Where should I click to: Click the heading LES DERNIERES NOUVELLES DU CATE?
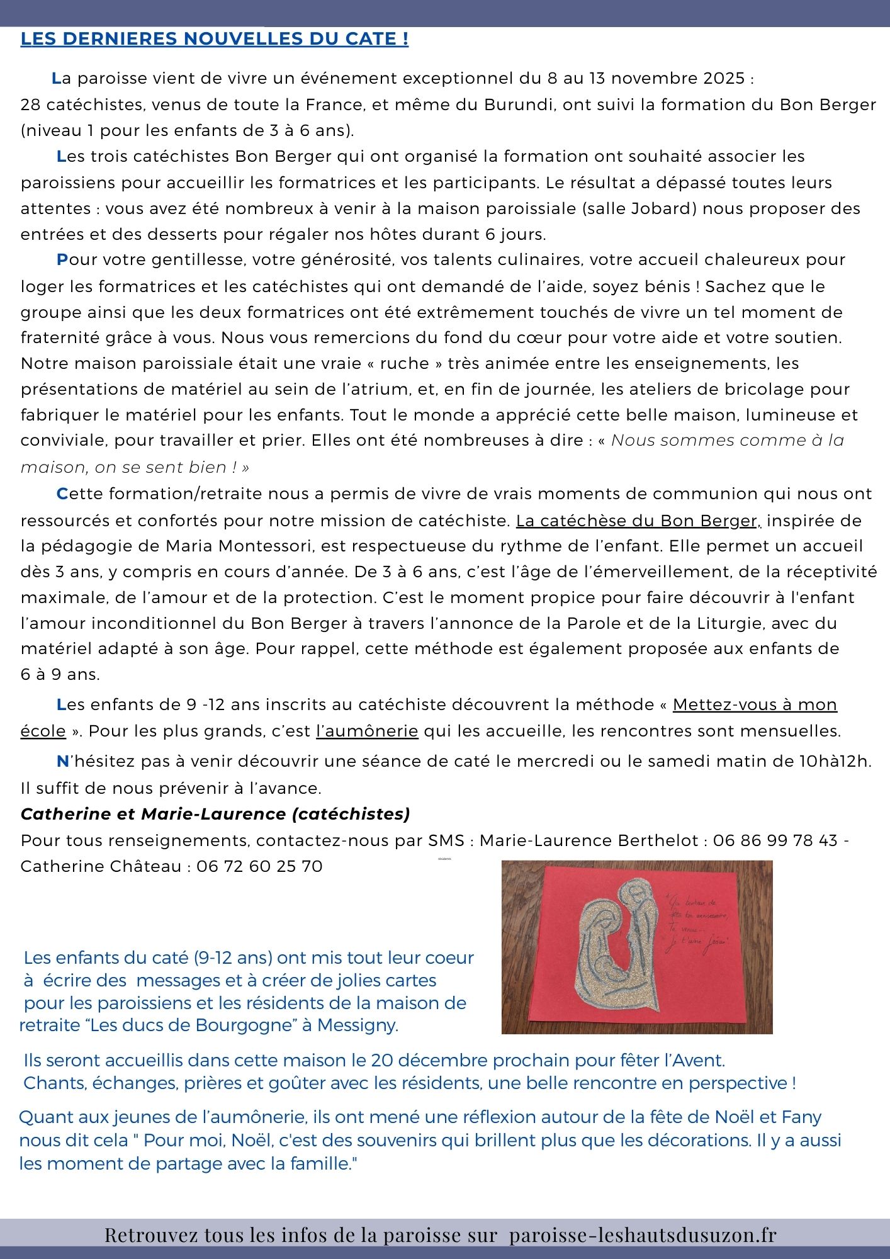[215, 39]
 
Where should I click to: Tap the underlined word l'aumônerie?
[367, 731]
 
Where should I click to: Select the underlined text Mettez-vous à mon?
[755, 704]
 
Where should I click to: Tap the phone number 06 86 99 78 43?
[775, 840]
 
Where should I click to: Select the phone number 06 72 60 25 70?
[259, 866]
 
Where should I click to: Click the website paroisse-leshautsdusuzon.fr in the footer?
[643, 1235]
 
